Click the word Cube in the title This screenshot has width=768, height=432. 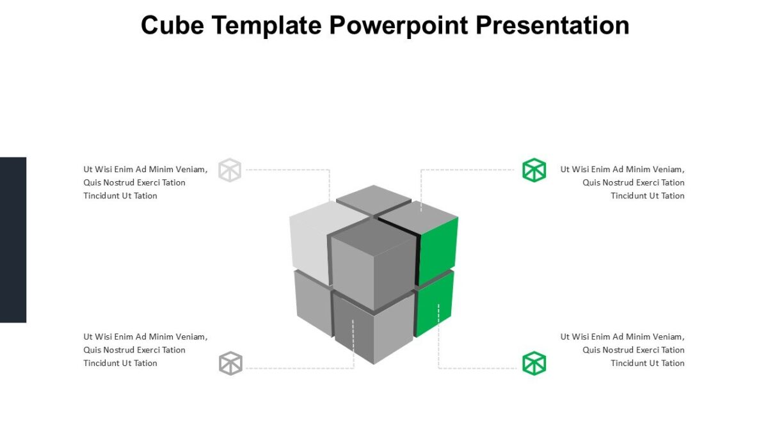pyautogui.click(x=172, y=26)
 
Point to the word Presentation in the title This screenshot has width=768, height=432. pyautogui.click(x=552, y=26)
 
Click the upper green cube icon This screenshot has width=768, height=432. pyautogui.click(x=534, y=170)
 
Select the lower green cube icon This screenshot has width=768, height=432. pyautogui.click(x=534, y=364)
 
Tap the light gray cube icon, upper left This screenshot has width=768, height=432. pyautogui.click(x=230, y=170)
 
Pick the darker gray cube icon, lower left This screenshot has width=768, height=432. pyautogui.click(x=230, y=364)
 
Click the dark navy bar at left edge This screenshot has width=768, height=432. pyautogui.click(x=13, y=239)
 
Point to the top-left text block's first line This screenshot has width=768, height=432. pyautogui.click(x=145, y=170)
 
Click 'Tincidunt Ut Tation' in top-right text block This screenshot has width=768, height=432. pyautogui.click(x=647, y=196)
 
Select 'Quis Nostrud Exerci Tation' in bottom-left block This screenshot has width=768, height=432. pyautogui.click(x=134, y=350)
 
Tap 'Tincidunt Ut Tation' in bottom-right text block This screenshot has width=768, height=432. pyautogui.click(x=647, y=364)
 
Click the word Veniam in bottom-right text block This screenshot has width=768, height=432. pyautogui.click(x=669, y=337)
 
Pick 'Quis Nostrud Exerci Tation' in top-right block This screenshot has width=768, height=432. pyautogui.click(x=633, y=182)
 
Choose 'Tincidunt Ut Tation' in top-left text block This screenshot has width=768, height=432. pyautogui.click(x=120, y=196)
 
